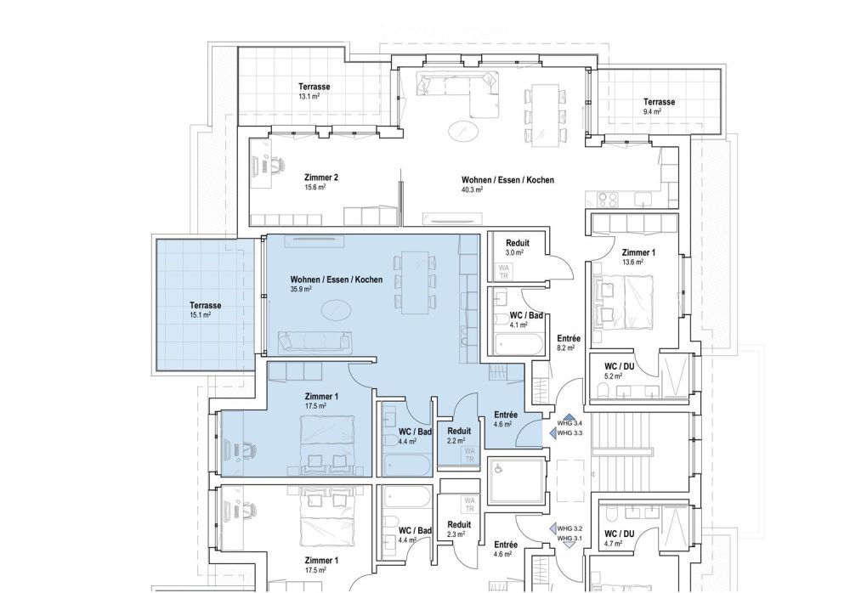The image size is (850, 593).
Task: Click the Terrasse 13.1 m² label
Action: click(x=314, y=92)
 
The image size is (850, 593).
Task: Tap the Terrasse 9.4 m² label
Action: click(x=659, y=106)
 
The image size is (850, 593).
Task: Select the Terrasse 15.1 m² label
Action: click(x=206, y=309)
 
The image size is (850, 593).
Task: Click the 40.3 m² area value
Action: click(x=472, y=190)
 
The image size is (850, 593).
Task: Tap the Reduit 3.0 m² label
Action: click(x=518, y=247)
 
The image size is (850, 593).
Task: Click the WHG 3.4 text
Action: click(x=569, y=422)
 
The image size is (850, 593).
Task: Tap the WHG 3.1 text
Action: click(x=569, y=539)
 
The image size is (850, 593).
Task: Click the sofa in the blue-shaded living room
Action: click(x=315, y=342)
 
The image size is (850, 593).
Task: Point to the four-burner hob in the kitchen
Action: click(x=609, y=200)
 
